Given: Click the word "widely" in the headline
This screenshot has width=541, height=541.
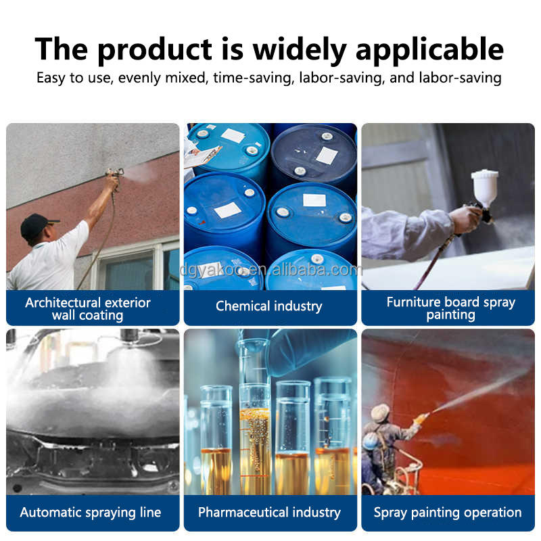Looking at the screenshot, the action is pyautogui.click(x=300, y=50).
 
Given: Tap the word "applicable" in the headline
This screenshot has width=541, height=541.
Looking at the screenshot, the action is pyautogui.click(x=429, y=50).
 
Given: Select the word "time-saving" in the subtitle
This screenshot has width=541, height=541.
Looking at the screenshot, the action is pyautogui.click(x=254, y=78).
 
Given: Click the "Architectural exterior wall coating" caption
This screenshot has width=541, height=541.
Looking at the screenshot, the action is pyautogui.click(x=88, y=308).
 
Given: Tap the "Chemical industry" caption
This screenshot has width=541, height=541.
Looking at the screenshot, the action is pyautogui.click(x=269, y=306).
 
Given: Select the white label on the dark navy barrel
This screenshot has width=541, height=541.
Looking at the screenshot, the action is pyautogui.click(x=327, y=156).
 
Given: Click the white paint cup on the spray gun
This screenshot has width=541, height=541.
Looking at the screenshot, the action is pyautogui.click(x=484, y=187).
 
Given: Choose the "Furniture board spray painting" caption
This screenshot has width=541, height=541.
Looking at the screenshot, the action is pyautogui.click(x=450, y=308).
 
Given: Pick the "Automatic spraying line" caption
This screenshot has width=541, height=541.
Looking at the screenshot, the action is pyautogui.click(x=91, y=513).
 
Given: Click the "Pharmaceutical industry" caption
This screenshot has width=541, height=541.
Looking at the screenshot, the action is pyautogui.click(x=269, y=513).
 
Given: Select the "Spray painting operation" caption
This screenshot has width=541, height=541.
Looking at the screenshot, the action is pyautogui.click(x=448, y=513).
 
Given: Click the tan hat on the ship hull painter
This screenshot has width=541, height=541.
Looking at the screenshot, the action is pyautogui.click(x=380, y=413).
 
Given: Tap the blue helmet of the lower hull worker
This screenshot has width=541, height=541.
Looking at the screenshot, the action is pyautogui.click(x=371, y=441).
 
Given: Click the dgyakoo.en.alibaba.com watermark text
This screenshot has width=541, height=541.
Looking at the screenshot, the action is pyautogui.click(x=271, y=270).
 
